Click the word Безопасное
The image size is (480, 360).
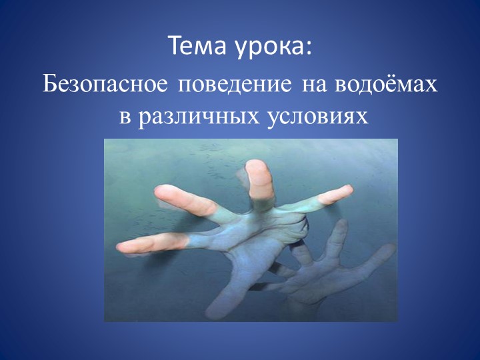click(107, 86)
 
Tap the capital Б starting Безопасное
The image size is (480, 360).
click(51, 86)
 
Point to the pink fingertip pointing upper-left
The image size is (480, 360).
click(167, 193)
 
